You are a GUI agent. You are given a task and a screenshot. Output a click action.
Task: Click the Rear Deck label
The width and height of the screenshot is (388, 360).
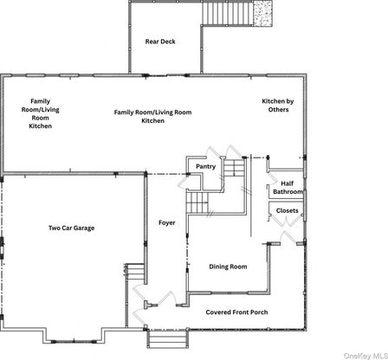160,42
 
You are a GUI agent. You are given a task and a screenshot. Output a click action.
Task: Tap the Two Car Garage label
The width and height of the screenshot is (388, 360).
72,228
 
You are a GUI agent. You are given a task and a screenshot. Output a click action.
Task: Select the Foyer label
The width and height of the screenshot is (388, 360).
167,222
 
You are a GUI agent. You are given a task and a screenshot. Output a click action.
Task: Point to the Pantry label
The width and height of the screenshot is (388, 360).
205,166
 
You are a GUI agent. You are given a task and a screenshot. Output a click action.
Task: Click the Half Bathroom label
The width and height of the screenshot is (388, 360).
288,188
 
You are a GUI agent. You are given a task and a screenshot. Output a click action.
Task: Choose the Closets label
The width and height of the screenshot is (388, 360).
287,210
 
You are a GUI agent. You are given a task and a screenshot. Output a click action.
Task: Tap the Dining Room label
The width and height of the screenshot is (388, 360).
228,267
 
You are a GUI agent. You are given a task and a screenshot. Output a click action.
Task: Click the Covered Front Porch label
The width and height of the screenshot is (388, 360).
236,312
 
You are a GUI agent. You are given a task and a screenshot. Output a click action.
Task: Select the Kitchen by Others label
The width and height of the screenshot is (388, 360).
278,106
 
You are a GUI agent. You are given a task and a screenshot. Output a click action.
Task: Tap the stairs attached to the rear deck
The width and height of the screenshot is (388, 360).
228,14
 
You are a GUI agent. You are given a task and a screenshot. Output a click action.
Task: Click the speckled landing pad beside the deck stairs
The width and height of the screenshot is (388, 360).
262,14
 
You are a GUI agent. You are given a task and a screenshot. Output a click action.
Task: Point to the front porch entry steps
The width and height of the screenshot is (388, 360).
168,339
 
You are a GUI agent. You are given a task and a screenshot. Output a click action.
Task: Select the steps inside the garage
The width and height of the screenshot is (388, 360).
135,273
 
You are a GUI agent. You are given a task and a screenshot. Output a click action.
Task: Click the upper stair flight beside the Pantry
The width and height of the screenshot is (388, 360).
235,168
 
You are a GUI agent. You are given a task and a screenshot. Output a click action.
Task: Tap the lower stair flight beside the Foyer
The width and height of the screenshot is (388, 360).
197,202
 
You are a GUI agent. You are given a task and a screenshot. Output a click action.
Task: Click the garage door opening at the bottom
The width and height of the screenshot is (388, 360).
74,342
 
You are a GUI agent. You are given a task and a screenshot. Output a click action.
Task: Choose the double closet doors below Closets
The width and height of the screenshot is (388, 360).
286,221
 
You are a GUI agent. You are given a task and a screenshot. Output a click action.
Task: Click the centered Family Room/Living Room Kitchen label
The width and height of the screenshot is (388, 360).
152,117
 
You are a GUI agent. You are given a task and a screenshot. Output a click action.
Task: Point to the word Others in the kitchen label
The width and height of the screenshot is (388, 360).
278,110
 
